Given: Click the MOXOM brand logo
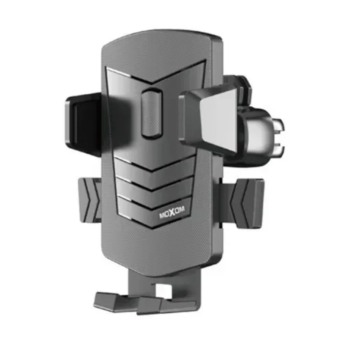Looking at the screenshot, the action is point(172,213).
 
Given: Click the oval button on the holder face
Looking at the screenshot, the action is point(152,112).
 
